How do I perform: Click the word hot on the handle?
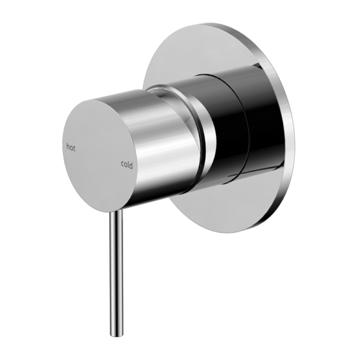[x=71, y=146]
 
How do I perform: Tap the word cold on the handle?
[x=127, y=164]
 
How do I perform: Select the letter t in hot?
[x=74, y=146]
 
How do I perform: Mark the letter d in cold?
[x=132, y=164]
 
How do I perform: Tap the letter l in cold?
[x=129, y=164]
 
